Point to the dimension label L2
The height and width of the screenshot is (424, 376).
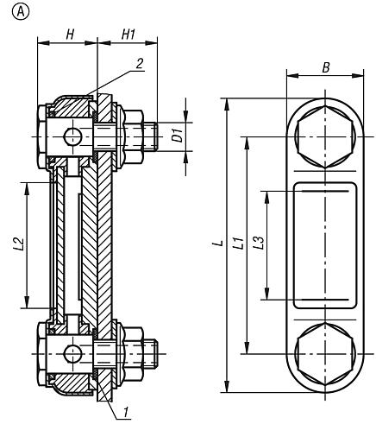pos(20,244)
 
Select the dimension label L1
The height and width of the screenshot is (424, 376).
pos(238,245)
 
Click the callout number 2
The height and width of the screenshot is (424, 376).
pos(140,62)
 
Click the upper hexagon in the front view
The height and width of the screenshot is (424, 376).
pos(323,137)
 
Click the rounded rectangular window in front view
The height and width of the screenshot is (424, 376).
pos(323,245)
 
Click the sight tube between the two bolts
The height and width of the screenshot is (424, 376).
pos(69,244)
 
